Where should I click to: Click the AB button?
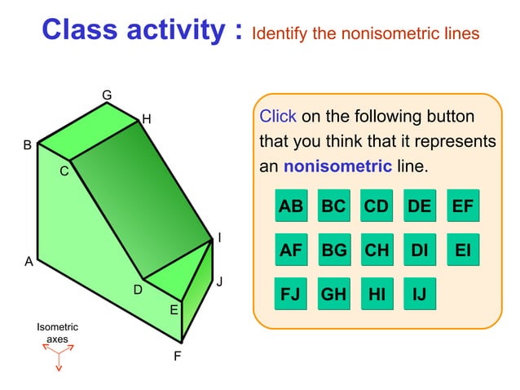tap(291, 206)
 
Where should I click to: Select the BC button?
tap(333, 206)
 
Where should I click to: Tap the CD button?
tap(377, 206)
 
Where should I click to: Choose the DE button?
tap(419, 206)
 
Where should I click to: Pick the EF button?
tap(462, 206)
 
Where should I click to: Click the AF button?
tap(291, 250)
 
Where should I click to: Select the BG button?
tap(333, 250)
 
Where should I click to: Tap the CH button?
tap(377, 250)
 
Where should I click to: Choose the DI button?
tap(419, 250)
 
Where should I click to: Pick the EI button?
tap(462, 250)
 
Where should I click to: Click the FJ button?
tap(291, 294)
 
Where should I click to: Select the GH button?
tap(333, 294)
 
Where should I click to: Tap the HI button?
tap(377, 294)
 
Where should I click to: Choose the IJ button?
tap(419, 294)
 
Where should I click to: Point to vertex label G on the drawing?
tap(107, 95)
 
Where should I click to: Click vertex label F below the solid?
tap(177, 357)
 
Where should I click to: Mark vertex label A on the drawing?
tap(29, 262)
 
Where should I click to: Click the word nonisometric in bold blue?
tap(337, 166)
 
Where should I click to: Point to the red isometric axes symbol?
tap(58, 355)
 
